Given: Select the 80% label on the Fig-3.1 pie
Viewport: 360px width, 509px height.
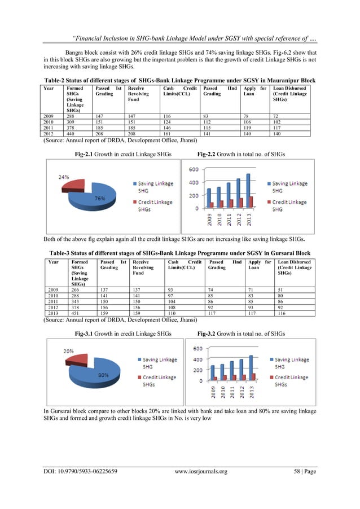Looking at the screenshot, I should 104,375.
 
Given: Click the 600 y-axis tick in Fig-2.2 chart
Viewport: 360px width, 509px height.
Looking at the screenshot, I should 193,170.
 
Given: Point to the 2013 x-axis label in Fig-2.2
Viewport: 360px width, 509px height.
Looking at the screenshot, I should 250,217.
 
